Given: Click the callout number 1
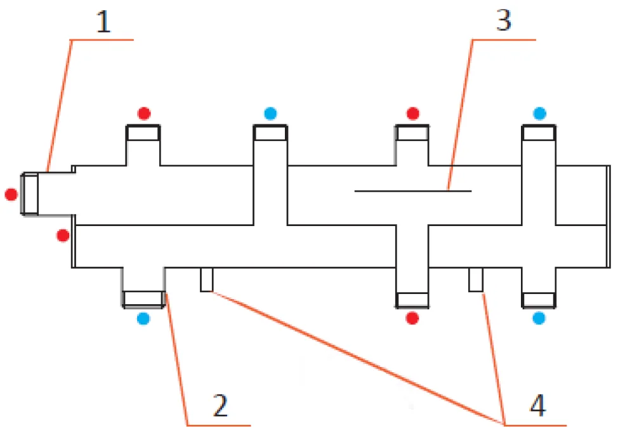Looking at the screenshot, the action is click(x=103, y=22).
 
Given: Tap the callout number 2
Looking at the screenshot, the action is click(x=220, y=405).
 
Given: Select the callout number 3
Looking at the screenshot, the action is click(x=504, y=20).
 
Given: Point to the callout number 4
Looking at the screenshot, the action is click(x=538, y=405).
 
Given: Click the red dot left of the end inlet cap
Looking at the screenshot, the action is click(x=11, y=194).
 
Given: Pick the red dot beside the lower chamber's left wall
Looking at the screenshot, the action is click(x=63, y=236).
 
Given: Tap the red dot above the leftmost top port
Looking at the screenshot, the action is click(x=144, y=114).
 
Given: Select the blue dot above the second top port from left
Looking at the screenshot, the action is click(x=270, y=114).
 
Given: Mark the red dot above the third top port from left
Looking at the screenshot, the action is click(x=412, y=114).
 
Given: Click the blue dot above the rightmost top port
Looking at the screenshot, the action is click(x=539, y=114).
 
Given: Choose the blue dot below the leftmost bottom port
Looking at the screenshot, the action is click(x=143, y=318).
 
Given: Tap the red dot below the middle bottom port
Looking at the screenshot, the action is click(x=412, y=318).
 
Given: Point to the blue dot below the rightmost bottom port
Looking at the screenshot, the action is click(x=539, y=318).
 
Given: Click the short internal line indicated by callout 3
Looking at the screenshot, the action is click(x=413, y=191).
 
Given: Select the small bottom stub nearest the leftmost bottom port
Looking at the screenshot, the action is click(x=206, y=279).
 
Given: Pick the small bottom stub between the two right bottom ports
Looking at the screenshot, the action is click(x=476, y=279).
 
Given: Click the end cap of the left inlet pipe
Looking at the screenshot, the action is click(x=30, y=194).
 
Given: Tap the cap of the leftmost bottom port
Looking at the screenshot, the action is click(x=143, y=299).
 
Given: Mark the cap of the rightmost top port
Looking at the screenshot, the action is click(x=539, y=133).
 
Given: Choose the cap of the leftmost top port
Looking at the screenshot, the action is click(x=143, y=133).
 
